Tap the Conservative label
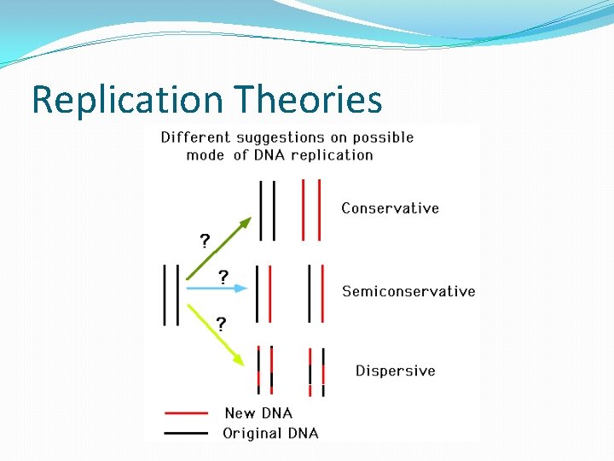(390, 208)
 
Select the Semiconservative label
(408, 291)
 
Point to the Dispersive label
(395, 371)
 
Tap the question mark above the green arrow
(205, 240)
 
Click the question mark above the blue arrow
(223, 277)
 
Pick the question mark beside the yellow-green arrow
(221, 324)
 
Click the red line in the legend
(186, 413)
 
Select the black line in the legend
(186, 433)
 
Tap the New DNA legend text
(258, 413)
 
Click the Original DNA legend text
(270, 433)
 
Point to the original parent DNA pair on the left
(171, 295)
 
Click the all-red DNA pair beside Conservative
(310, 209)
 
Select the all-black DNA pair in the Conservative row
(267, 209)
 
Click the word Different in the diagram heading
(195, 137)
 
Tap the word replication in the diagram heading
(332, 155)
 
